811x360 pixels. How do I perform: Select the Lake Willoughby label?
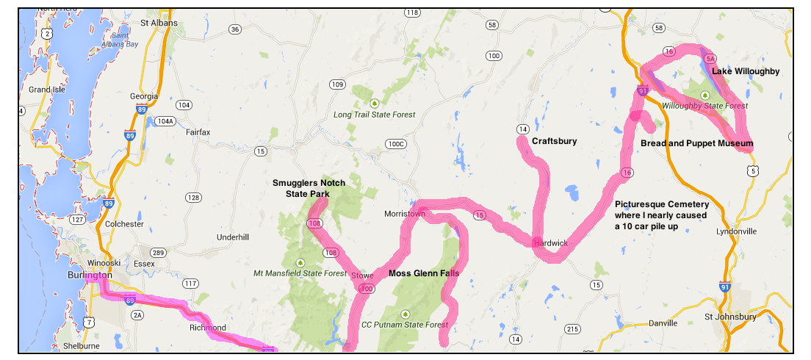coord(746,71)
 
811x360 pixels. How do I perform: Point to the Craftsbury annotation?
coord(554,141)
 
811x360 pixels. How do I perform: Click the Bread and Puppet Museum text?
coord(696,143)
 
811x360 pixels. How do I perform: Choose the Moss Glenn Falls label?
coord(424,273)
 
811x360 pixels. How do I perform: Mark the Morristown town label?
coord(405,214)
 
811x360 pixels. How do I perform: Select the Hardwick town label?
coord(551,242)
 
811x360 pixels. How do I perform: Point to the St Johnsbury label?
coord(730,317)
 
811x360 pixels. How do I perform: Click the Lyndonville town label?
coord(736,231)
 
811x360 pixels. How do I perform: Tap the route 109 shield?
coord(337,84)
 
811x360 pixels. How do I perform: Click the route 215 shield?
coord(573,327)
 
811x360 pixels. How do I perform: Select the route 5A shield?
coord(710,58)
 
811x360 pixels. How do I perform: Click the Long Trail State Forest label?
coord(374,115)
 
